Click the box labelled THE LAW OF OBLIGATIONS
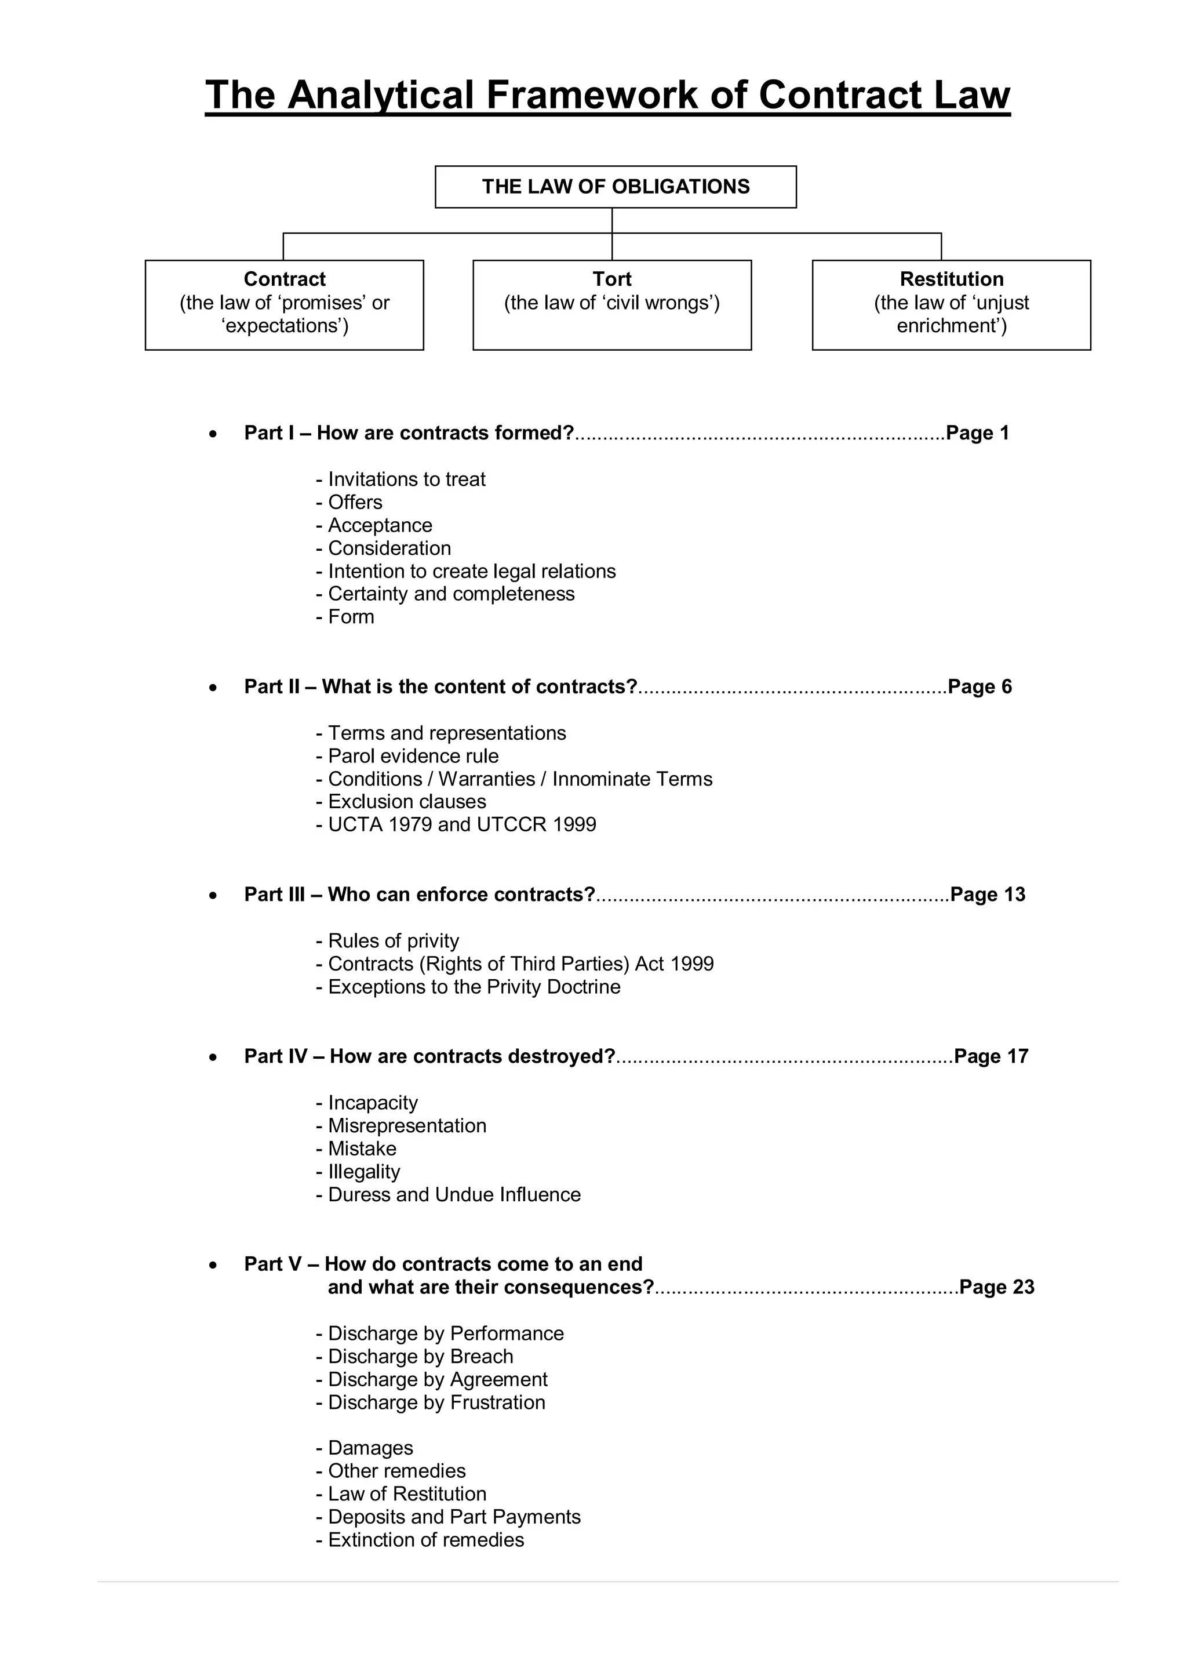[616, 187]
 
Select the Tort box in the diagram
[612, 304]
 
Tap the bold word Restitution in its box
[951, 279]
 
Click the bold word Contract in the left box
[285, 279]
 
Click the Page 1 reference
[977, 433]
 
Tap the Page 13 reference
[988, 895]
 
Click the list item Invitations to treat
[400, 479]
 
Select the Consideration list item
[384, 548]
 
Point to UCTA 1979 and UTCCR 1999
[456, 825]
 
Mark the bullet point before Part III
[213, 895]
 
